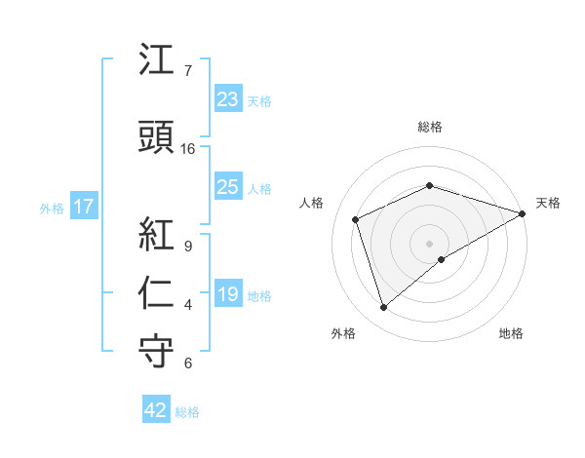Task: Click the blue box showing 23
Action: coord(227,99)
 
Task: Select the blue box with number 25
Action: coord(227,187)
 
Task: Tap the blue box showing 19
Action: coord(227,294)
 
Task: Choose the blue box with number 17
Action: coord(83,207)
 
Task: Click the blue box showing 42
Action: coord(156,410)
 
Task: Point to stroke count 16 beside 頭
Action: coord(188,149)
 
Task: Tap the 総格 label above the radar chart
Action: coord(430,127)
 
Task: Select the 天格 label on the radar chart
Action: coord(549,203)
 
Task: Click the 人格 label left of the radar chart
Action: coord(311,203)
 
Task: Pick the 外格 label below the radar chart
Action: coord(343,333)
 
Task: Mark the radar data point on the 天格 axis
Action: coord(523,212)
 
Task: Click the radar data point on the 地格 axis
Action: coord(442,259)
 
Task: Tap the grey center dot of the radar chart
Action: coord(430,243)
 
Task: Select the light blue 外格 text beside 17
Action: coord(51,208)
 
